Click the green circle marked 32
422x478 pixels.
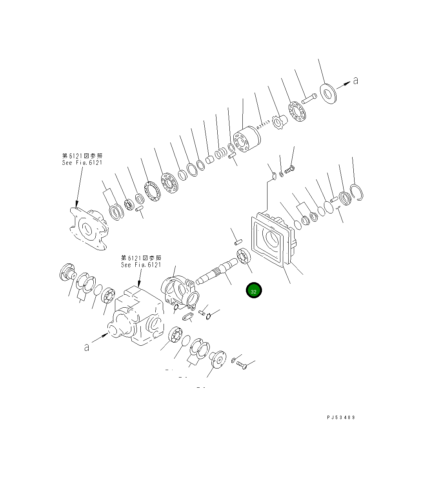coord(253,290)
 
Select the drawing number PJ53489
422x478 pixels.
coord(340,418)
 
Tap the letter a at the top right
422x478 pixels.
coord(355,81)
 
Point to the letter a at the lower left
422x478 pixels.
coord(86,347)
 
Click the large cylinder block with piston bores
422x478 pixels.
coord(247,140)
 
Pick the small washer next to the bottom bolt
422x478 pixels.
coord(234,360)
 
